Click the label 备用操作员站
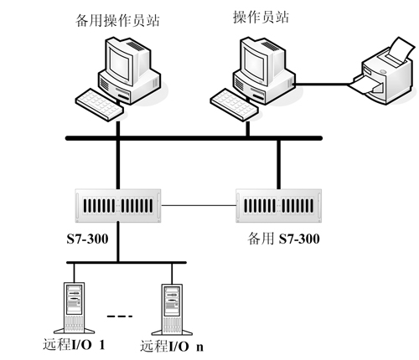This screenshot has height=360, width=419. [x=117, y=20]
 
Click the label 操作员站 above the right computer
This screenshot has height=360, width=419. [x=261, y=17]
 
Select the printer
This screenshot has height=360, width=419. [x=383, y=71]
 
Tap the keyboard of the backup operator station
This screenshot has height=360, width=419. [x=100, y=105]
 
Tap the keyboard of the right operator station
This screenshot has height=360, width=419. [x=234, y=105]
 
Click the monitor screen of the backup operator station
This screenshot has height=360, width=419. [x=120, y=64]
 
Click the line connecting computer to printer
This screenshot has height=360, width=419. [x=321, y=84]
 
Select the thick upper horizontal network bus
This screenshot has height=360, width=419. [x=194, y=138]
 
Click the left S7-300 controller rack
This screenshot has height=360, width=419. [x=118, y=206]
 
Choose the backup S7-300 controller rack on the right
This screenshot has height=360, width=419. [x=279, y=206]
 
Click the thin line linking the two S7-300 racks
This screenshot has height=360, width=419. [x=199, y=205]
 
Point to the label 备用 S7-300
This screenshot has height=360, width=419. [x=283, y=239]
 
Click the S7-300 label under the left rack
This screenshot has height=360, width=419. [x=87, y=239]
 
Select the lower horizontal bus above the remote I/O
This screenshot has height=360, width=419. [x=127, y=262]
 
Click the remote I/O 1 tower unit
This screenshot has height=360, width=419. [x=75, y=308]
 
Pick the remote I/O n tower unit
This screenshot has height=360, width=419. [x=172, y=309]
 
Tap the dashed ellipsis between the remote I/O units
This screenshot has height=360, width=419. [x=120, y=316]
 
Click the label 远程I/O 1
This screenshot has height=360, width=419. [x=74, y=345]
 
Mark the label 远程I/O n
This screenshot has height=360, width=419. [x=172, y=347]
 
